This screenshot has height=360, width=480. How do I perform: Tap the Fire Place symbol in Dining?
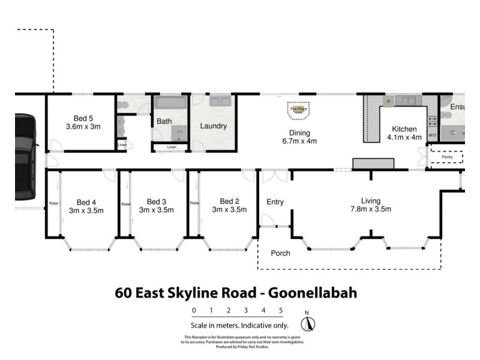(299, 109)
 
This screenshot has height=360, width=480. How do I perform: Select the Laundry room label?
(213, 126)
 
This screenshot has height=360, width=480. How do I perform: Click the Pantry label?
(447, 157)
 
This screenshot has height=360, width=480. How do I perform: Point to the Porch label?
(280, 253)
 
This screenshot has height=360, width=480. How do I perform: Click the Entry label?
(275, 202)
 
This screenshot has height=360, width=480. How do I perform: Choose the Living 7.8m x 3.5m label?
(376, 205)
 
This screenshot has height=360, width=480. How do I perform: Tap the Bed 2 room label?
(230, 205)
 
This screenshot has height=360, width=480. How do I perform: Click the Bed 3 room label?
(157, 205)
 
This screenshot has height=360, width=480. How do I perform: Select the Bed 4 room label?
(86, 205)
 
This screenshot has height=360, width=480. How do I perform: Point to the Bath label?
(164, 121)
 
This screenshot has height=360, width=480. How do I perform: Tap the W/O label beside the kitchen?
(432, 135)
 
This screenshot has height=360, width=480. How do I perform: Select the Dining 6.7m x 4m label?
(299, 137)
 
